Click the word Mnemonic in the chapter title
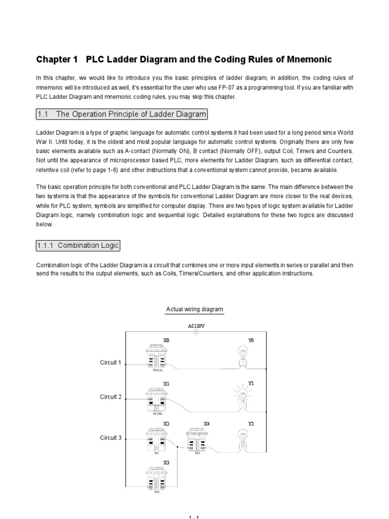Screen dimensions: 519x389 coord(306,60)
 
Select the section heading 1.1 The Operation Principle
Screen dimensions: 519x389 coord(122,114)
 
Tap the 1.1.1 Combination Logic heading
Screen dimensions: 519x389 coord(78,245)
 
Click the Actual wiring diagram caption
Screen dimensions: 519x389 coord(194,309)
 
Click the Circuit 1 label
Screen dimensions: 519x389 coord(110,362)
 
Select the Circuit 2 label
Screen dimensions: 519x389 coord(110,397)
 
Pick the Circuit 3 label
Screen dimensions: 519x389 coord(110,437)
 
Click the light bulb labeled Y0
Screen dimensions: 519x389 coord(244,355)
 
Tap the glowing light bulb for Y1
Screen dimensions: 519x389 coord(244,395)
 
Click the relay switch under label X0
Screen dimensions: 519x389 coord(155,357)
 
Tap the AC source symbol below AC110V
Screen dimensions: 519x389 coord(195,332)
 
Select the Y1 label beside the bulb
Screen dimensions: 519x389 coord(250,384)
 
